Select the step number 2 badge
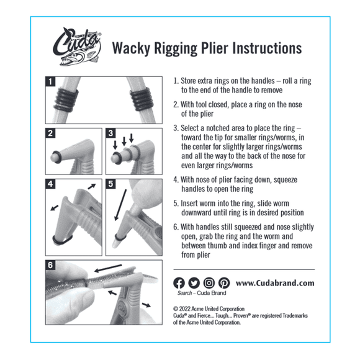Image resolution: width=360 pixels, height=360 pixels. point(52,133)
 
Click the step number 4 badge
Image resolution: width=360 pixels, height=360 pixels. point(52,184)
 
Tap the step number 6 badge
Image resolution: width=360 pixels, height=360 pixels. point(52,265)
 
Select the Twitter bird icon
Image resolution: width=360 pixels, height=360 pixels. point(194,283)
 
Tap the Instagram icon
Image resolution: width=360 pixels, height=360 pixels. point(209,283)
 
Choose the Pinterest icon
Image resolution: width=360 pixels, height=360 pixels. point(224,283)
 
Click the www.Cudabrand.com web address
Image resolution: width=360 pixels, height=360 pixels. point(275,283)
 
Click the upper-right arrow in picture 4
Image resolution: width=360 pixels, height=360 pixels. point(92,186)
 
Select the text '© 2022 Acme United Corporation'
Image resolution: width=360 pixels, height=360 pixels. point(209,308)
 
